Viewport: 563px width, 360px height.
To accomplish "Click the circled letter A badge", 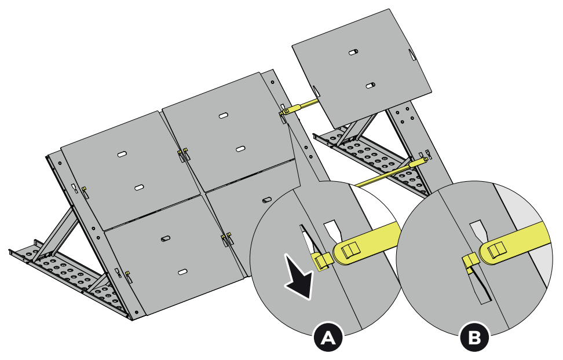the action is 328,337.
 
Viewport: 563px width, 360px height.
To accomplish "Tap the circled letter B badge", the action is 475,337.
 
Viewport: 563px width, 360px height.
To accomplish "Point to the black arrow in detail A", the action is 299,275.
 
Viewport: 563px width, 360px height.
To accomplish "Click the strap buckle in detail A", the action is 350,250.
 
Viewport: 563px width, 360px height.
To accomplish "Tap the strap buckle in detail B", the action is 496,249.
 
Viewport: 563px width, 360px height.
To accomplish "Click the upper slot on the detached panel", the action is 353,52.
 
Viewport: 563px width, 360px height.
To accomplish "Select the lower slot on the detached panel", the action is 370,86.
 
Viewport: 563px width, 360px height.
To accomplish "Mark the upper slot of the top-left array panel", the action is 122,154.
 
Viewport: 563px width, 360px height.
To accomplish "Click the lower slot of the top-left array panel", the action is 140,188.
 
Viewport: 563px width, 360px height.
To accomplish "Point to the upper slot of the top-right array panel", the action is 224,116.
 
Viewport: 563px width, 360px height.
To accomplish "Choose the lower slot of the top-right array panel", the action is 240,149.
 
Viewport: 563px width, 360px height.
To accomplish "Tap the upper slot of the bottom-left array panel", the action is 166,238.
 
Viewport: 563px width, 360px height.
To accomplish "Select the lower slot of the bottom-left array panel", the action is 183,272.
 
